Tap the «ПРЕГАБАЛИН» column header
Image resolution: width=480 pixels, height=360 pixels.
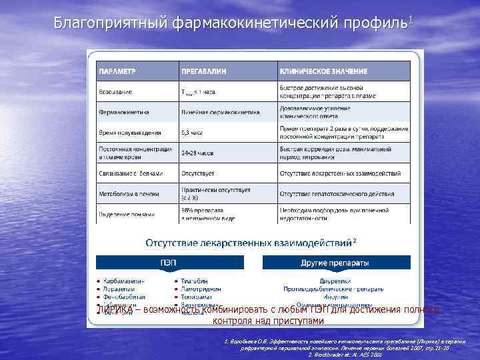(x=201, y=71)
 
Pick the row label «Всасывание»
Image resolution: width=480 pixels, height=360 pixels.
(x=115, y=91)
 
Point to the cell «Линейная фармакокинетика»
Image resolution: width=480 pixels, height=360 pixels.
(x=213, y=112)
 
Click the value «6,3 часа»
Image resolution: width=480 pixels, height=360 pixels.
(x=192, y=133)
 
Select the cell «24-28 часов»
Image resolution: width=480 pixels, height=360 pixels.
(x=196, y=152)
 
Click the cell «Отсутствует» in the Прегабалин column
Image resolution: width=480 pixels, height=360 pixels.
(x=197, y=173)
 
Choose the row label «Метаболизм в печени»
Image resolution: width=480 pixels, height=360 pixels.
(x=126, y=193)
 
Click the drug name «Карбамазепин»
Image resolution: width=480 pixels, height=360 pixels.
(x=125, y=281)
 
